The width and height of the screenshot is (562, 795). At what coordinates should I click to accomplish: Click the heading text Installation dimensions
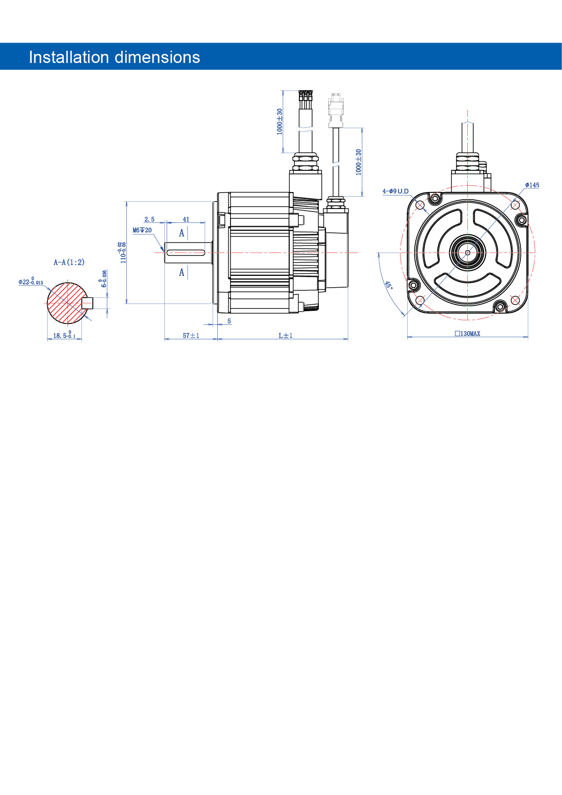click(114, 58)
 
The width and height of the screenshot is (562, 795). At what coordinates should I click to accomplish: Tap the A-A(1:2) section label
click(69, 262)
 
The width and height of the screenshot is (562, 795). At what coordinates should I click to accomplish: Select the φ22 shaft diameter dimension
click(31, 282)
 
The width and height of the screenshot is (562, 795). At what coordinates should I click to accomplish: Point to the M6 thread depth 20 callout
click(142, 231)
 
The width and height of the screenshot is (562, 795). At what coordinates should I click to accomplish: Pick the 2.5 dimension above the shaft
click(149, 220)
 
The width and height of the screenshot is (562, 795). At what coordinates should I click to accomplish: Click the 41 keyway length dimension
click(186, 220)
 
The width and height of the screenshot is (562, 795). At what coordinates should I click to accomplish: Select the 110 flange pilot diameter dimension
click(123, 252)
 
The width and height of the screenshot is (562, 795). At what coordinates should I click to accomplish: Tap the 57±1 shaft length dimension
click(191, 336)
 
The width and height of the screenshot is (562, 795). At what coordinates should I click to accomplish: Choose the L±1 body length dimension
click(285, 336)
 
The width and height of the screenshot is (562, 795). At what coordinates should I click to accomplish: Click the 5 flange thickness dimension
click(229, 321)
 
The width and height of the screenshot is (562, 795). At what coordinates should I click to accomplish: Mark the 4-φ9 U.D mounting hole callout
click(395, 191)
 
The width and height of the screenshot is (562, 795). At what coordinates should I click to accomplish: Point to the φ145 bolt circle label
click(532, 185)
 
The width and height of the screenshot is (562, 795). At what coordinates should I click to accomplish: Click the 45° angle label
click(389, 285)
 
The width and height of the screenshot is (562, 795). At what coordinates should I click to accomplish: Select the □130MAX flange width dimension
click(467, 334)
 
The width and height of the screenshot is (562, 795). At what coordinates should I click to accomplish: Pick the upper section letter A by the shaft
click(182, 233)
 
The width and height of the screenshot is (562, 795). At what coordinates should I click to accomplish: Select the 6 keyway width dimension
click(104, 279)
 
